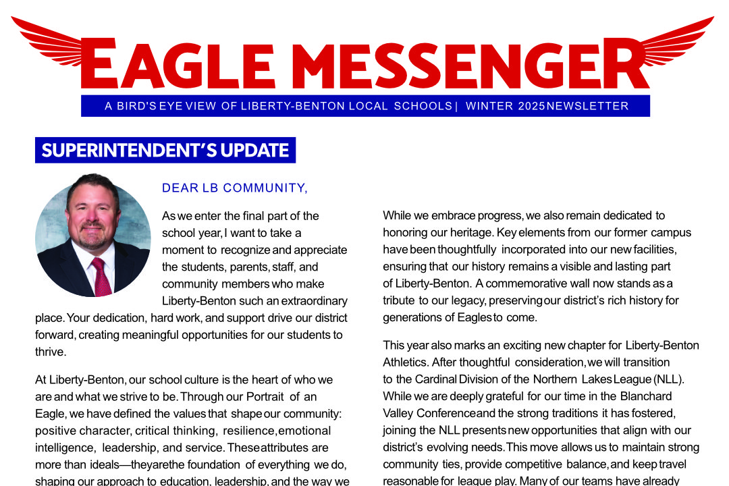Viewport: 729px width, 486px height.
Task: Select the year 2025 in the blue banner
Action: coord(531,106)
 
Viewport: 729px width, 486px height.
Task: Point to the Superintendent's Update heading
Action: coord(165,150)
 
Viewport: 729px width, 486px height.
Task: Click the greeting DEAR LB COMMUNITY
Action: coord(235,188)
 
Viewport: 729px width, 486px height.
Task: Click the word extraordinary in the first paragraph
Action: coord(306,301)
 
